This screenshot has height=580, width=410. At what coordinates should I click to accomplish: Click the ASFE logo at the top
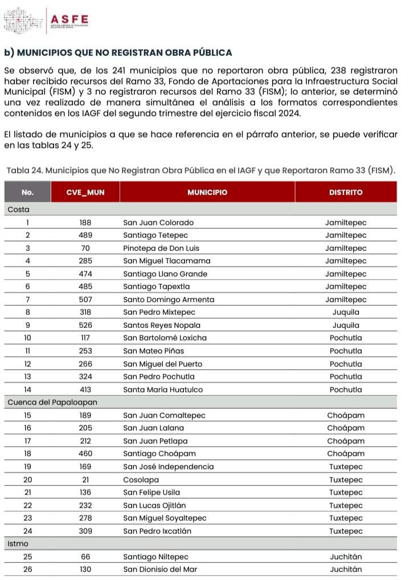(x=47, y=21)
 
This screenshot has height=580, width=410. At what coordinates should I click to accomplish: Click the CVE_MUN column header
(x=85, y=192)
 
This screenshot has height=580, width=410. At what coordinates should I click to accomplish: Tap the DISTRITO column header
(x=345, y=192)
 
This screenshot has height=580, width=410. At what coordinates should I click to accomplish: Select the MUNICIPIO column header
(x=207, y=192)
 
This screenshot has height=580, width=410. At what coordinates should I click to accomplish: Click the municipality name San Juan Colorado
(x=158, y=222)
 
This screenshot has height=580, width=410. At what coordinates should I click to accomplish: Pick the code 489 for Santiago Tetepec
(x=85, y=236)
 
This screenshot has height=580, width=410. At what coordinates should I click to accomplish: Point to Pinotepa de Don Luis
(x=161, y=248)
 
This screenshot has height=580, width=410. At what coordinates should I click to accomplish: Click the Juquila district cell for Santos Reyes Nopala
(x=346, y=325)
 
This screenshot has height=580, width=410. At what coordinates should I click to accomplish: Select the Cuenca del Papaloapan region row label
(x=52, y=402)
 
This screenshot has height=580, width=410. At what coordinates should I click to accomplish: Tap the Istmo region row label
(x=18, y=544)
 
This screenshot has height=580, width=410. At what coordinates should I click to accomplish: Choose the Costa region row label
(x=18, y=210)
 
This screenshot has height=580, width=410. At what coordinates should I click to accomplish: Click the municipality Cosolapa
(x=141, y=480)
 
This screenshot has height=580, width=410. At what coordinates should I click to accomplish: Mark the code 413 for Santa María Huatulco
(x=85, y=390)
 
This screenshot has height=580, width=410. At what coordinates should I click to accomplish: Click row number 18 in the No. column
(x=27, y=453)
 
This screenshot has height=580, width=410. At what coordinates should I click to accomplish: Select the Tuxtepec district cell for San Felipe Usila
(x=346, y=492)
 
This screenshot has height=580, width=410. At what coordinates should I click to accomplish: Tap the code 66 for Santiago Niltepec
(x=85, y=557)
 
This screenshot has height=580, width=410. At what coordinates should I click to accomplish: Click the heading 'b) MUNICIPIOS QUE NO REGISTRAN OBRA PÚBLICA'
(x=118, y=52)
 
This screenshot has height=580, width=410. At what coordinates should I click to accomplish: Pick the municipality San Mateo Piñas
(x=153, y=351)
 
